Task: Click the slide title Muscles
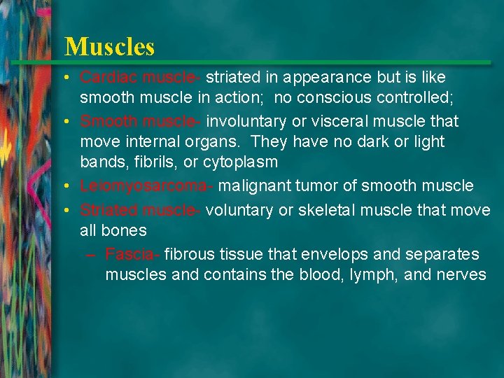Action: click(x=109, y=47)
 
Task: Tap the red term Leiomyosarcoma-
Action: click(x=147, y=186)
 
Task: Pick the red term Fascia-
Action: click(x=132, y=254)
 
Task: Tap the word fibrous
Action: click(x=190, y=254)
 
